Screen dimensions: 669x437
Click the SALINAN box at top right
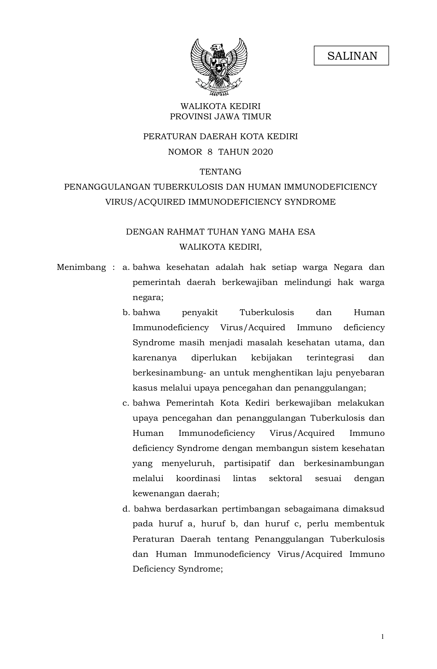tap(351, 56)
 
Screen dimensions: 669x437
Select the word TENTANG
tap(221, 171)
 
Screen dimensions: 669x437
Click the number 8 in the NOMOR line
tap(210, 152)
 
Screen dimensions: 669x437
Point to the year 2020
tap(262, 152)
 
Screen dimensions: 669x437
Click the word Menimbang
tap(82, 267)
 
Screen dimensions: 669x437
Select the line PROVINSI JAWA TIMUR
tap(221, 117)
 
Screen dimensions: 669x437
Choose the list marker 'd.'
tap(126, 509)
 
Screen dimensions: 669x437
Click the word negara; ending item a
tap(148, 298)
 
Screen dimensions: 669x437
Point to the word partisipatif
tap(247, 463)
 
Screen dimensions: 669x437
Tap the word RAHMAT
tap(184, 232)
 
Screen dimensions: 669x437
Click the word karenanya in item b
tap(154, 358)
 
